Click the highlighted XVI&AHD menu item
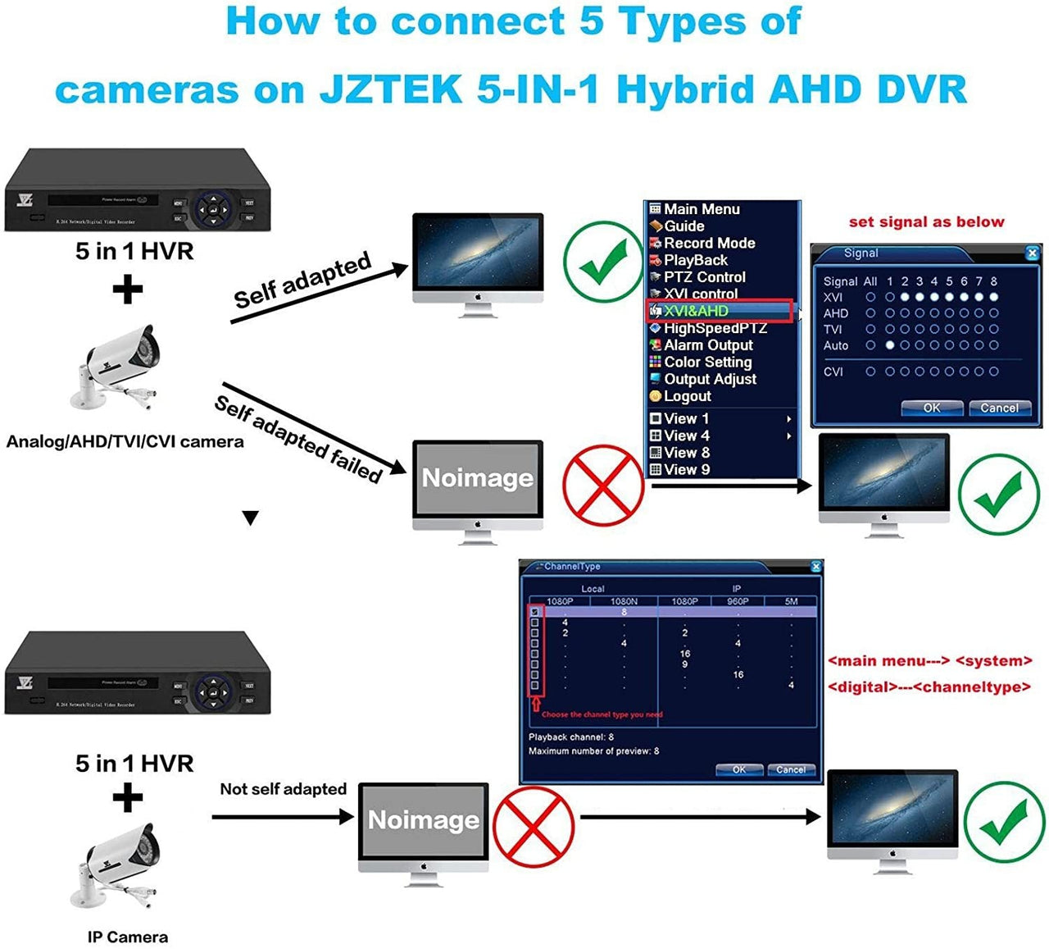(696, 311)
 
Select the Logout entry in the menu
(687, 396)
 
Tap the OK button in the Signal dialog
(932, 408)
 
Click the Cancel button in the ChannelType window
(791, 769)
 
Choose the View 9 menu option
(686, 470)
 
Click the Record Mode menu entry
(709, 243)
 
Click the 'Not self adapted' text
(283, 789)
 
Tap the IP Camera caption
(128, 937)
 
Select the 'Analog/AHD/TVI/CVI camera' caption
(125, 442)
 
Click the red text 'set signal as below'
(926, 221)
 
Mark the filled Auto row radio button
(889, 345)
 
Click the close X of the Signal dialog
(1032, 253)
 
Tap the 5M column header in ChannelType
(791, 601)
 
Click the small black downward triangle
(251, 518)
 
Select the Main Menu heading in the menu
(702, 209)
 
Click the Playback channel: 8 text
(570, 737)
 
